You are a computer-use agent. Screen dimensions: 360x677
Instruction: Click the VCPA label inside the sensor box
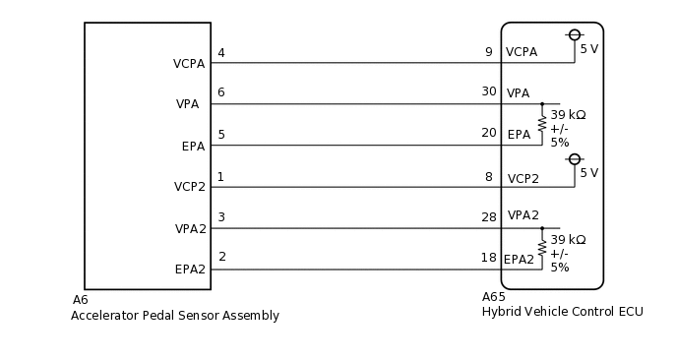(x=189, y=64)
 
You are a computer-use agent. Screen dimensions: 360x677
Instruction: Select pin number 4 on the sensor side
(x=221, y=53)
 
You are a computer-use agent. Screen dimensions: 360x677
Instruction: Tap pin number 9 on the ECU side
(x=488, y=52)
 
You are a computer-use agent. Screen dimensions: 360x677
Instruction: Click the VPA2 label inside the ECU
(x=523, y=215)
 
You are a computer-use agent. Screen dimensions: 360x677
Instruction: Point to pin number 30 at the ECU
(x=488, y=91)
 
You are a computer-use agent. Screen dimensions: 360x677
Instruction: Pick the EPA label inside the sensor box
(x=193, y=147)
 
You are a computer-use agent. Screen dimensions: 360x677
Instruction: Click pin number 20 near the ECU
(x=488, y=134)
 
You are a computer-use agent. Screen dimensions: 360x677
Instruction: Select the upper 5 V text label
(x=588, y=49)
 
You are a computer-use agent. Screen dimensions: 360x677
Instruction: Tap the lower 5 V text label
(x=588, y=173)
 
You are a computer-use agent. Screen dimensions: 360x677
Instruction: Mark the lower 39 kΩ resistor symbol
(x=541, y=247)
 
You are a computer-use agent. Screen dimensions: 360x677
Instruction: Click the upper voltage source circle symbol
(x=575, y=34)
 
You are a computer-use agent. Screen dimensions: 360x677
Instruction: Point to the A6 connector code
(x=80, y=300)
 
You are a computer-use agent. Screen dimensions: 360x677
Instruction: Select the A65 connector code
(x=493, y=297)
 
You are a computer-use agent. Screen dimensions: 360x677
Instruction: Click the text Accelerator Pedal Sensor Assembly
(x=174, y=316)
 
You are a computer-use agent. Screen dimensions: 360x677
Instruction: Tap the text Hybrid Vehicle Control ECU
(x=562, y=312)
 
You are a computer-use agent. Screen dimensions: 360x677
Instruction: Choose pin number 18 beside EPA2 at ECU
(x=488, y=258)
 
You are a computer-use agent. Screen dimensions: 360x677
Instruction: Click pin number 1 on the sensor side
(x=221, y=177)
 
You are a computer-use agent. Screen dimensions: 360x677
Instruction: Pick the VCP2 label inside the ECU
(x=523, y=179)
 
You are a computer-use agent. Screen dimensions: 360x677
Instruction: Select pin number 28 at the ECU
(x=488, y=215)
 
